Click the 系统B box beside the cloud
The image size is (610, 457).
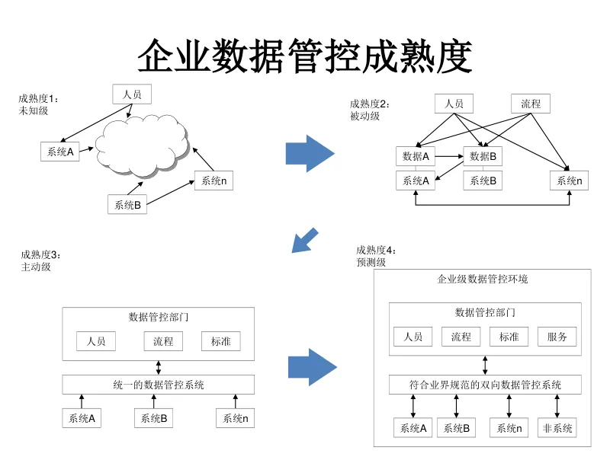127,204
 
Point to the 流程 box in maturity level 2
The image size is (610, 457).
531,104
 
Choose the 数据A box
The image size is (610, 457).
416,157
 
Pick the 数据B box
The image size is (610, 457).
483,157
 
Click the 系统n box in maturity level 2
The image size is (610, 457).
569,181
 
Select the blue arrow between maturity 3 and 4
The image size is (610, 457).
312,367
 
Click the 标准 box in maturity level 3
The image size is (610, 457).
221,341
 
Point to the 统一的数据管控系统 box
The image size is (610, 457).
159,385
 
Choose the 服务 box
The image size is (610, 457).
557,337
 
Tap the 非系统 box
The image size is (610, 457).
557,428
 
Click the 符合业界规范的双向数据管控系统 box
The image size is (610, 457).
485,385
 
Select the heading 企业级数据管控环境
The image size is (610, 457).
483,280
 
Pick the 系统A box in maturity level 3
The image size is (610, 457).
82,418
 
